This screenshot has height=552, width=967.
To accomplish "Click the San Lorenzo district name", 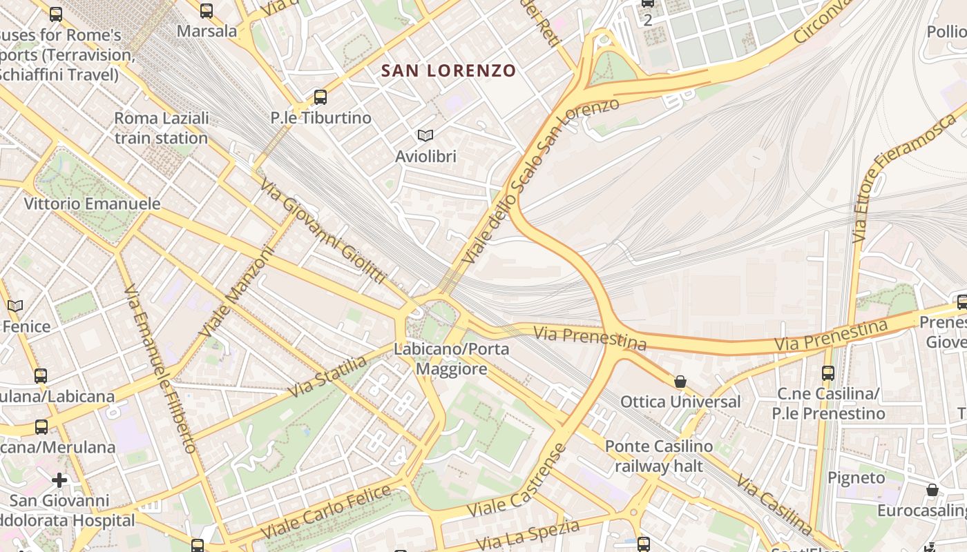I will pyautogui.click(x=448, y=70).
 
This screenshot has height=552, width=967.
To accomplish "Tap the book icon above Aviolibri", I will pyautogui.click(x=425, y=136).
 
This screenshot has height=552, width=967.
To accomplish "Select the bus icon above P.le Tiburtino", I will pyautogui.click(x=320, y=97).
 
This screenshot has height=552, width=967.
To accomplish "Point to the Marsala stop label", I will pyautogui.click(x=207, y=31).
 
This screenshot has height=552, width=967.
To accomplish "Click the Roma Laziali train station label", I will pyautogui.click(x=161, y=128).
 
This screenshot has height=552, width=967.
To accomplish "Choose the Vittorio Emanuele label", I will pyautogui.click(x=92, y=204).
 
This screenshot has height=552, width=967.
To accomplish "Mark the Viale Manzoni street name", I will pyautogui.click(x=236, y=293).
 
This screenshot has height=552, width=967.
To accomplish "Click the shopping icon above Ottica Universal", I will pyautogui.click(x=680, y=382).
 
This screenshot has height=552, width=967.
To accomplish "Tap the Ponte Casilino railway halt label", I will pyautogui.click(x=658, y=456).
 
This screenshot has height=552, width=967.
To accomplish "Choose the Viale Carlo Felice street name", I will pyautogui.click(x=327, y=513).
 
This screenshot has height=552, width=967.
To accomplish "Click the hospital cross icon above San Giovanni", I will pyautogui.click(x=59, y=480).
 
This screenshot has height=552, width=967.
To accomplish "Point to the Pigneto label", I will pyautogui.click(x=856, y=477).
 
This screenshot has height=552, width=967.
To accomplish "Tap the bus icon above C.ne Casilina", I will pyautogui.click(x=828, y=373).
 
